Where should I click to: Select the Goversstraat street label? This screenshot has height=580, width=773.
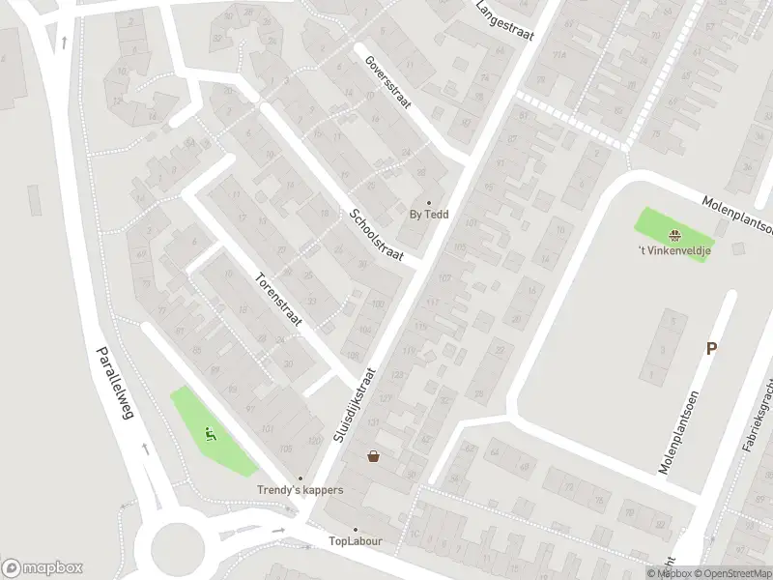pos(388,82)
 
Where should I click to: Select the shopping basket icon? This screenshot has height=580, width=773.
pos(373,456)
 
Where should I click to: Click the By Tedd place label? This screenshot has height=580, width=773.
pos(429,216)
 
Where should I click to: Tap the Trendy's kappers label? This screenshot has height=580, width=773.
pos(300,490)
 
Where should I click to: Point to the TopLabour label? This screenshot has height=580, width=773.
pos(355,541)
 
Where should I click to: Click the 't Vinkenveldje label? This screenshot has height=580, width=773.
pos(673,252)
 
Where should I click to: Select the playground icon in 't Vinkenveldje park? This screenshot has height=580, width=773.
pos(673,233)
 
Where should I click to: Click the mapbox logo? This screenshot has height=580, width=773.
pos(43,568)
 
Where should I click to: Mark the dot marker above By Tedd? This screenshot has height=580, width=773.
pos(429,203)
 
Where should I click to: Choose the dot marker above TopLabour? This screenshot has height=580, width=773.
pos(355,529)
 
